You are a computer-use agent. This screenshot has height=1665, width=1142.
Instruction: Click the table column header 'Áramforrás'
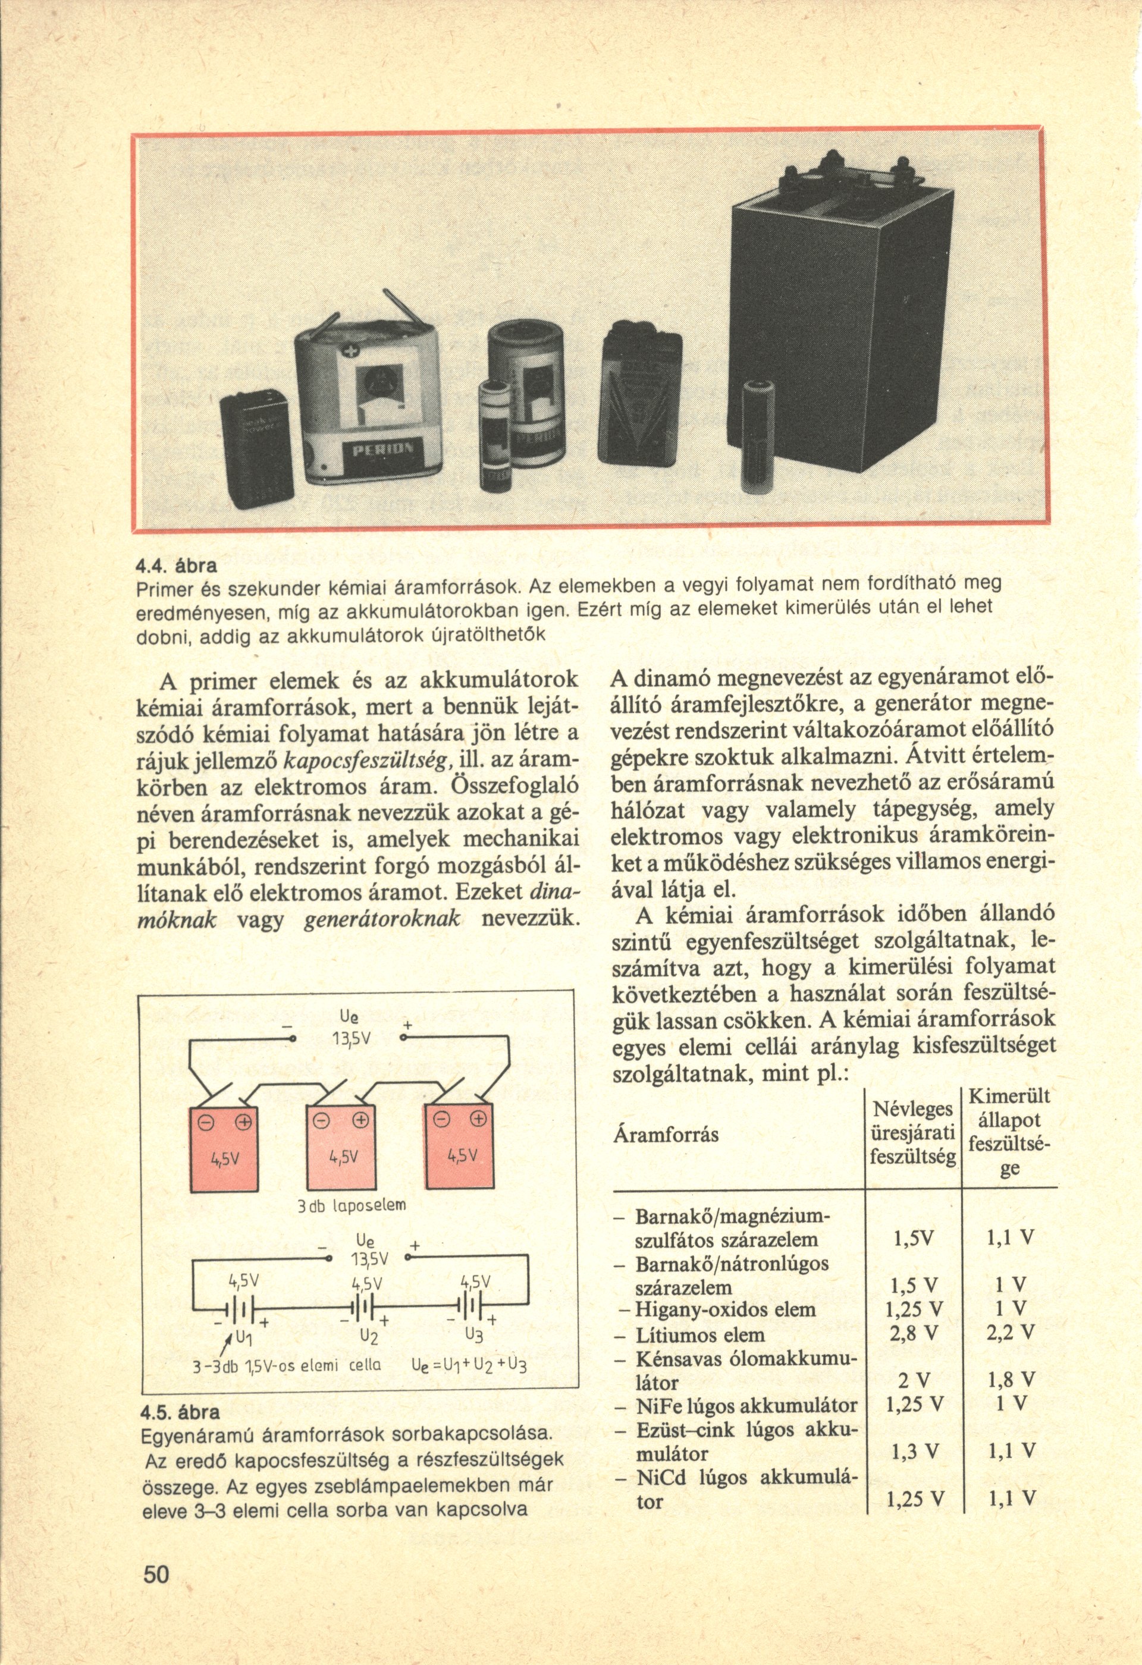pyautogui.click(x=666, y=1136)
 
